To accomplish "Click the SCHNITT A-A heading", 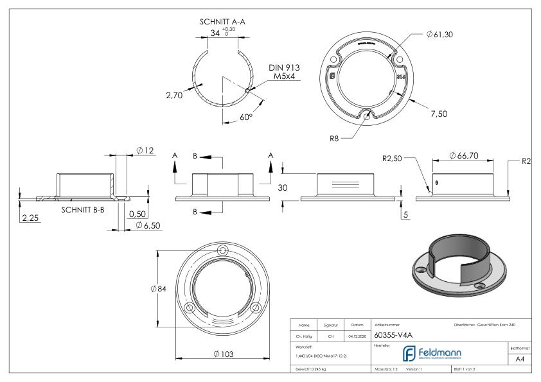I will [x=223, y=21].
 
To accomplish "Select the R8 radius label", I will [x=333, y=137].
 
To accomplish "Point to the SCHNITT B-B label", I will [x=84, y=209].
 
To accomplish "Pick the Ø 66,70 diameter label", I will [x=463, y=155].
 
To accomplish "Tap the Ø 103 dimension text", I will [x=222, y=354].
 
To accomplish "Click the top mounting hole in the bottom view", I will [x=222, y=250].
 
